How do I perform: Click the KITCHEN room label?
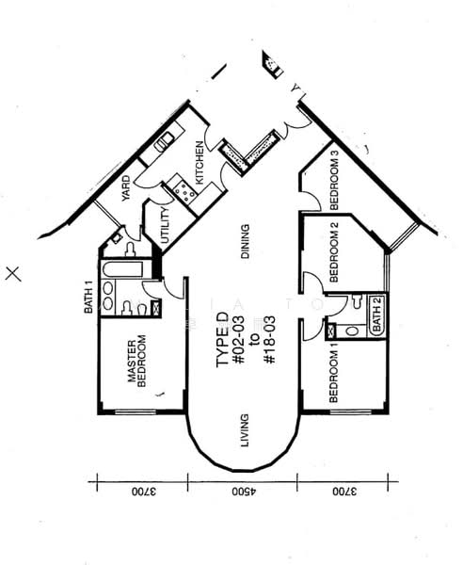point(200,161)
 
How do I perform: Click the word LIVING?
point(244,439)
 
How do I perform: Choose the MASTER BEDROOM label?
point(138,362)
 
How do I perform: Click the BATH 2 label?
point(375,312)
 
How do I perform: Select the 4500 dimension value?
point(243,492)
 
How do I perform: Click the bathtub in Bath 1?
point(121,270)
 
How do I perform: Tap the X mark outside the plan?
point(13,274)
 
